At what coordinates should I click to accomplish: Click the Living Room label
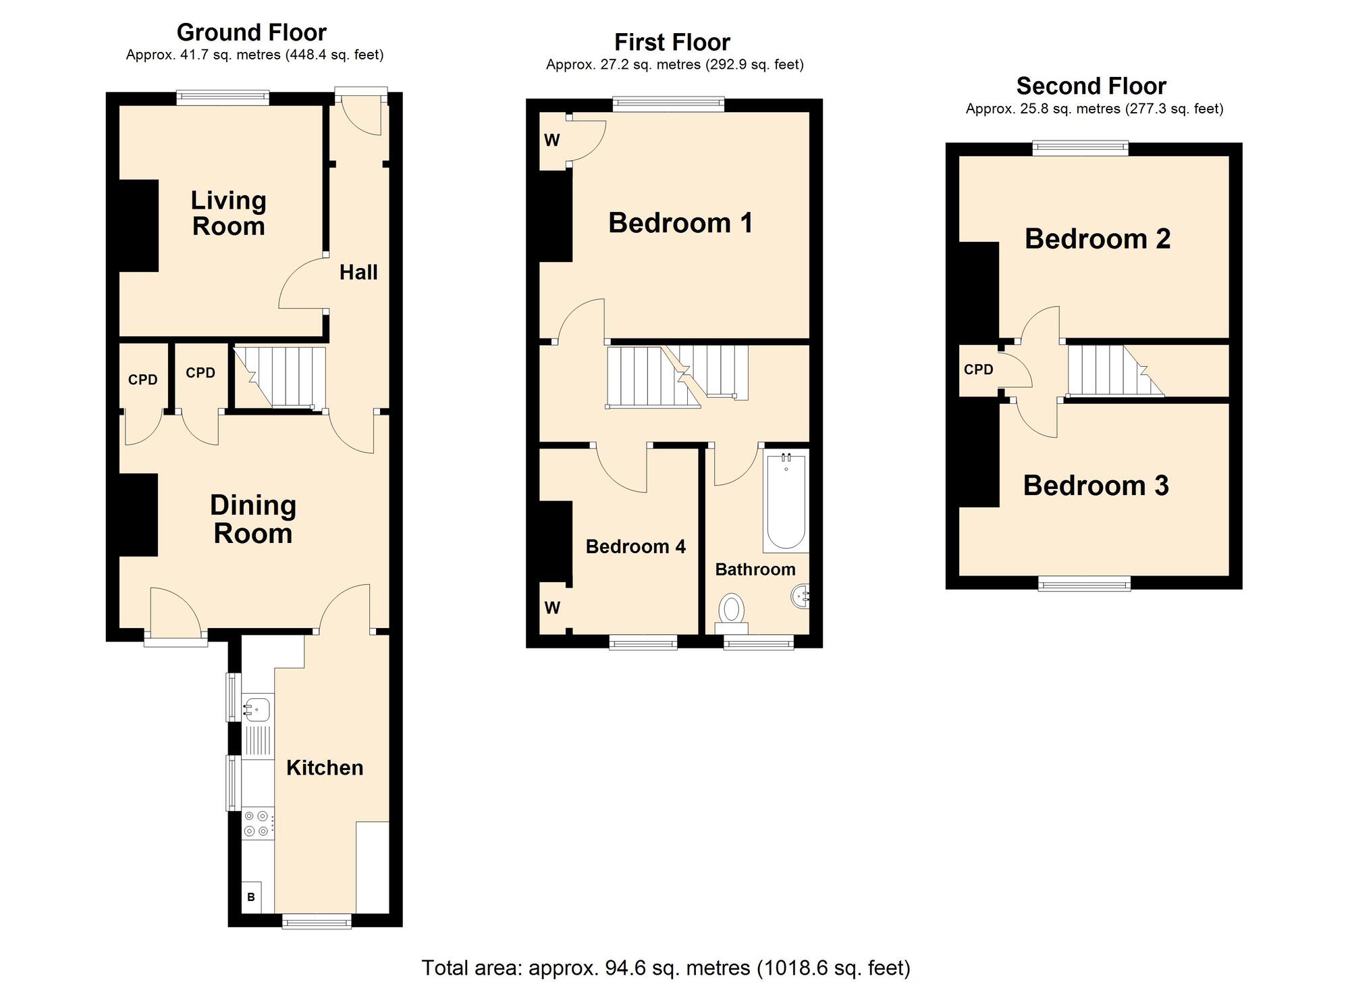228,213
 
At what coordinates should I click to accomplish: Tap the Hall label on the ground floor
358,272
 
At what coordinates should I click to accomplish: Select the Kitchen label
325,767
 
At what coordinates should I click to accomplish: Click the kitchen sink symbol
256,709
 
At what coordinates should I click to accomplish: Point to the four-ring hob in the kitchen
257,824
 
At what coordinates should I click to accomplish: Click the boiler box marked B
251,897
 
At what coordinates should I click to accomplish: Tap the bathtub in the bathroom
786,501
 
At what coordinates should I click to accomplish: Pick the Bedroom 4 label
635,546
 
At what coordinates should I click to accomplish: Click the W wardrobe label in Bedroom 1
551,140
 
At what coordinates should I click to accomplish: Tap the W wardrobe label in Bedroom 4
552,608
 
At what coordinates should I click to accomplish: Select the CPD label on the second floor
978,369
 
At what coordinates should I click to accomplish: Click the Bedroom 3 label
1096,486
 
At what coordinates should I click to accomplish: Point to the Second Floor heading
1091,86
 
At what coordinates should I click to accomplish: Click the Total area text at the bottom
666,967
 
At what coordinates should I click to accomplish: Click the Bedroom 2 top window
1080,147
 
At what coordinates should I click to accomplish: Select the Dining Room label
252,519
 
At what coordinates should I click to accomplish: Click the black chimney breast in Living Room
138,226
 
